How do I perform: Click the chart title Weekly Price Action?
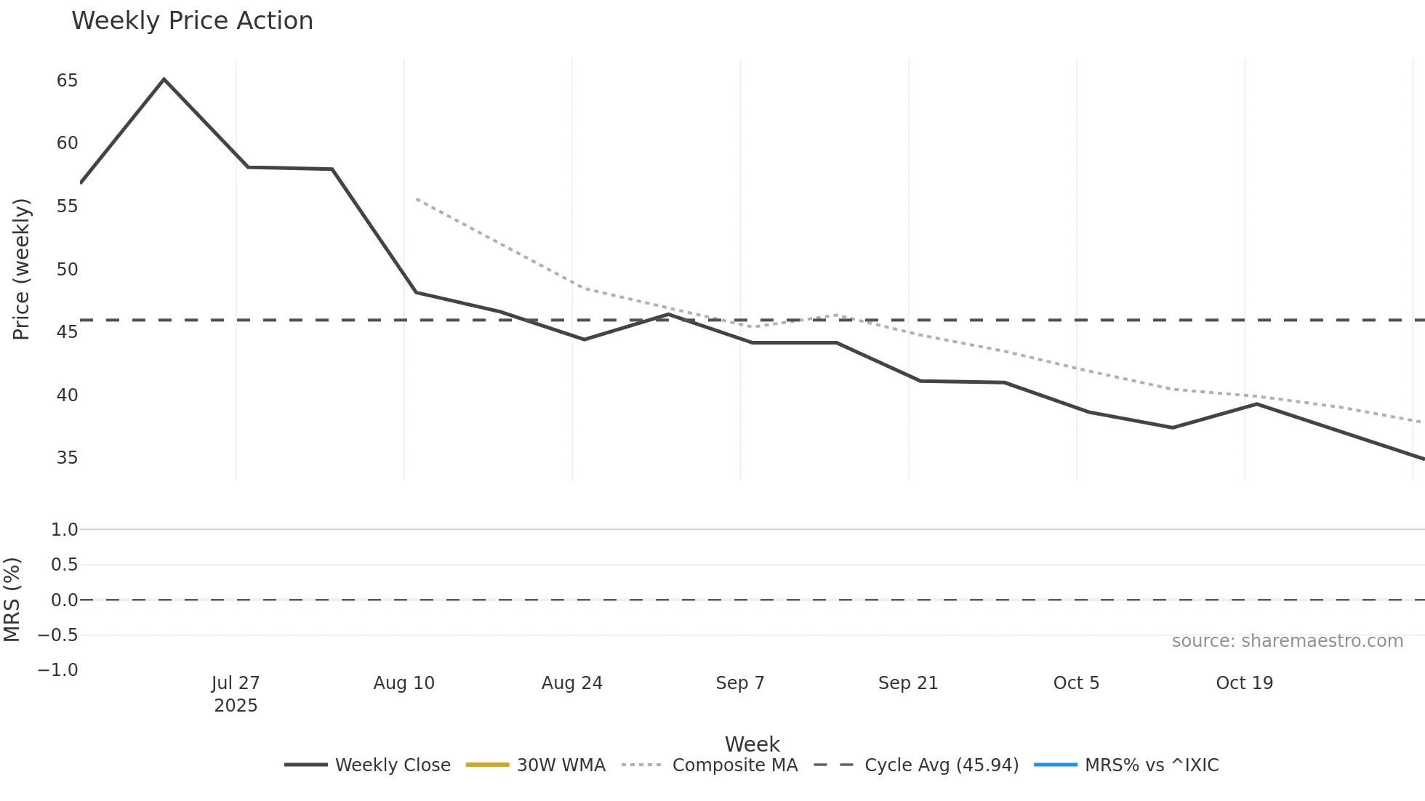pyautogui.click(x=192, y=21)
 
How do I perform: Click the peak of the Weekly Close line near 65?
pyautogui.click(x=164, y=79)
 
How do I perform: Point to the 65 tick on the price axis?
pyautogui.click(x=67, y=81)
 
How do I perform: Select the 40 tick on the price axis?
pyautogui.click(x=67, y=395)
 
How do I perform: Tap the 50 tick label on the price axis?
pyautogui.click(x=67, y=270)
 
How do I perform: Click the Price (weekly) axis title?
pyautogui.click(x=22, y=269)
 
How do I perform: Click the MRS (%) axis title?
pyautogui.click(x=12, y=600)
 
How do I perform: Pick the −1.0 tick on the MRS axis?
pyautogui.click(x=58, y=670)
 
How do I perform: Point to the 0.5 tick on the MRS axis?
pyautogui.click(x=64, y=565)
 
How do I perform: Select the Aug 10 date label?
pyautogui.click(x=404, y=683)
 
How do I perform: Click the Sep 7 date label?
pyautogui.click(x=739, y=683)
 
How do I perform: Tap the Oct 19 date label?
pyautogui.click(x=1244, y=683)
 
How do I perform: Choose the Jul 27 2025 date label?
pyautogui.click(x=236, y=694)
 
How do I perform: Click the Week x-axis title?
pyautogui.click(x=752, y=744)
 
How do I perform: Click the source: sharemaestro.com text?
pyautogui.click(x=1287, y=641)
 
